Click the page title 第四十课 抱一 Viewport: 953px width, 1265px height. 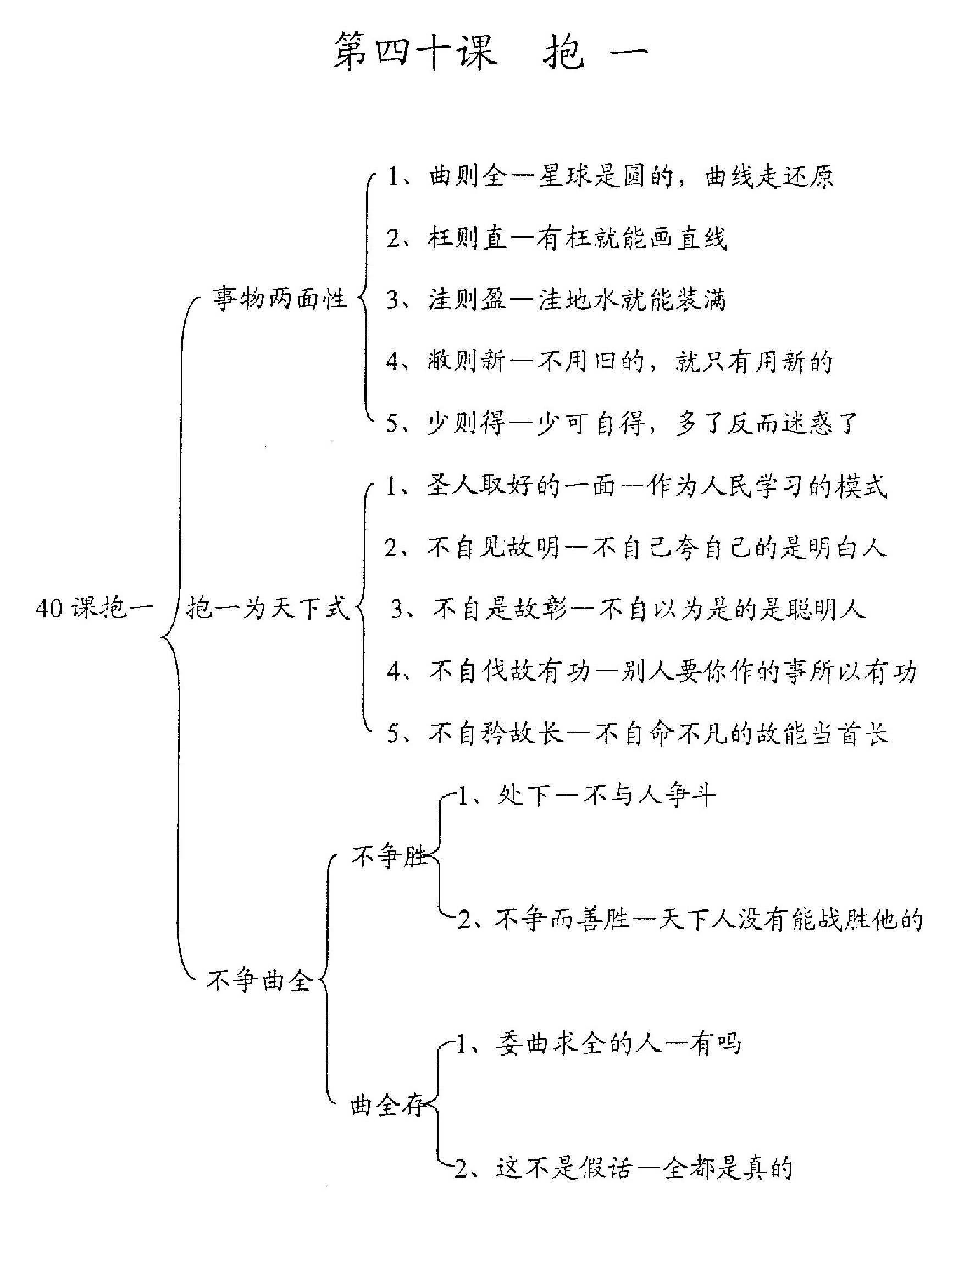[490, 52]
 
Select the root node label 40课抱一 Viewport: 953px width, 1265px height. [95, 607]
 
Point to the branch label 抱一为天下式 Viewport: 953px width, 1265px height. [268, 607]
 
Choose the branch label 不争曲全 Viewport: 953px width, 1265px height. [259, 980]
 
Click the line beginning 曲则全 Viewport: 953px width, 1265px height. [611, 175]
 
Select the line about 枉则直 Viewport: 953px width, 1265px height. [557, 237]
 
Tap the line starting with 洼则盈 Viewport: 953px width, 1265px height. [557, 299]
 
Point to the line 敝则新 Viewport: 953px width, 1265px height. [610, 361]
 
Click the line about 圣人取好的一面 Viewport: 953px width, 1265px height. [637, 486]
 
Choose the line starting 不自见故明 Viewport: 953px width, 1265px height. [636, 548]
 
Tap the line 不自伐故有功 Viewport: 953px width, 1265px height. [652, 671]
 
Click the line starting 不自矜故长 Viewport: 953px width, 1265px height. [639, 733]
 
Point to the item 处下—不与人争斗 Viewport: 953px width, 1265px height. [586, 796]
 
